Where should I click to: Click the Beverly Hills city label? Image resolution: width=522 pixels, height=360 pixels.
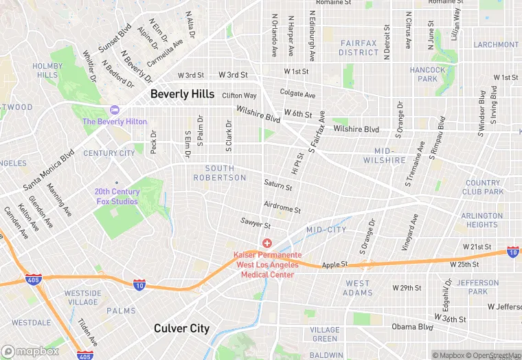point(182,94)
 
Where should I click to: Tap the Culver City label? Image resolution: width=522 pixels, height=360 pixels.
point(181,328)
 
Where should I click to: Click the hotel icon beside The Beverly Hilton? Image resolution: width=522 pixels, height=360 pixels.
point(115,110)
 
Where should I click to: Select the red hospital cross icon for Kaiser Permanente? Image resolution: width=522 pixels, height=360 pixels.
point(267,244)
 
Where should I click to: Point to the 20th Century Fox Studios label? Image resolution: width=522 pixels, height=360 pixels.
point(117,196)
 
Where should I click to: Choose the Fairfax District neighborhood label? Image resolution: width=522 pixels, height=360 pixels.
point(359,47)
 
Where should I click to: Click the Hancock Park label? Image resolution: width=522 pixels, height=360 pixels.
point(427,74)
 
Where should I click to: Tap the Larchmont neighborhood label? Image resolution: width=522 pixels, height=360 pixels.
point(496,45)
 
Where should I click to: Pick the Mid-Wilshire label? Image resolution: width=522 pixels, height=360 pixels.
point(389,155)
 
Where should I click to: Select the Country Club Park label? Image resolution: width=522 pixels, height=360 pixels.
point(483,188)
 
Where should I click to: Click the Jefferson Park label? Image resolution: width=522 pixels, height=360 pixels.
point(478,287)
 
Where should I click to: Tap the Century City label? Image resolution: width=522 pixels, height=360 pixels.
point(109,153)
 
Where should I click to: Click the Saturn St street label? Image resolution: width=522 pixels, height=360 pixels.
point(277,185)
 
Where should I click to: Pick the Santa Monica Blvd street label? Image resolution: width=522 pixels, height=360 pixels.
point(49,172)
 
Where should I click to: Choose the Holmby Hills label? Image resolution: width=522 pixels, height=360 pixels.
point(47,70)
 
